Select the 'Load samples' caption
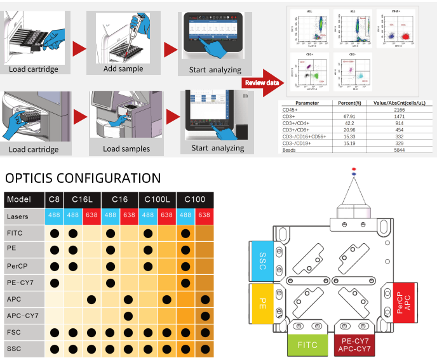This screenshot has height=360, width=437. (x=127, y=149)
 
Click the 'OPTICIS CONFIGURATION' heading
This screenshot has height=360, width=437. (x=83, y=178)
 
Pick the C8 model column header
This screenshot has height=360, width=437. (x=55, y=200)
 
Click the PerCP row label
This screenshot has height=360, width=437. (x=17, y=266)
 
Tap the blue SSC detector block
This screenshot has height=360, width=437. (x=262, y=260)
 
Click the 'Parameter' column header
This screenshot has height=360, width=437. (x=307, y=103)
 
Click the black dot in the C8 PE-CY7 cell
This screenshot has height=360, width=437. (x=55, y=282)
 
